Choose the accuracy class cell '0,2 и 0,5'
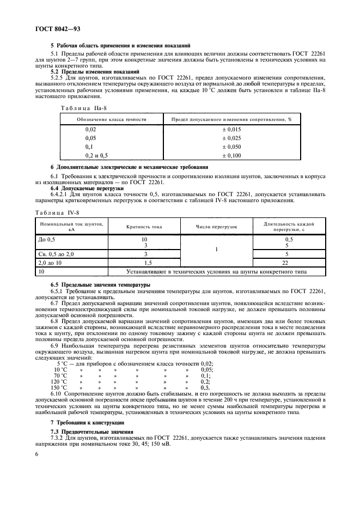(97, 155)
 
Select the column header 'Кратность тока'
(144, 226)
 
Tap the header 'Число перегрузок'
(217, 226)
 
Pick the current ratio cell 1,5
(144, 263)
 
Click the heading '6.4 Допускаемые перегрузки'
(87, 188)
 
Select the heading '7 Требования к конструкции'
(87, 422)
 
